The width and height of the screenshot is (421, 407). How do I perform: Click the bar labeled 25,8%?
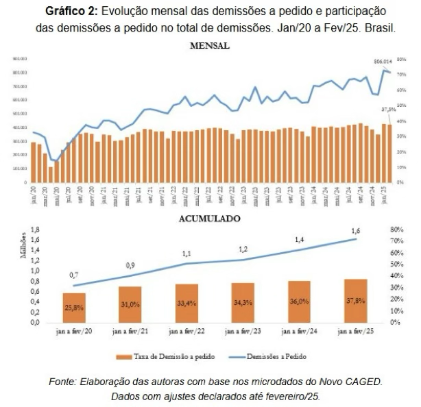74,308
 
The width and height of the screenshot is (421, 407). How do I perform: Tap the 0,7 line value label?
74,275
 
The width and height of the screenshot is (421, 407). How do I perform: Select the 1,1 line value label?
187,254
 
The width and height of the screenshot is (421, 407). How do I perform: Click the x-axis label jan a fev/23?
243,332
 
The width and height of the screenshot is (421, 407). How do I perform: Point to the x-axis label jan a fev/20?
74,332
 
